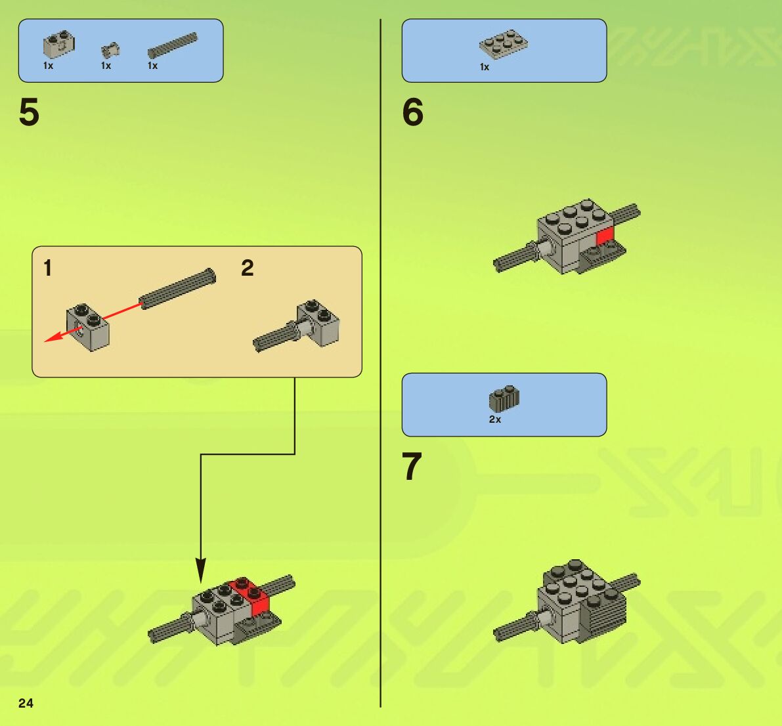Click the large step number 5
(29, 112)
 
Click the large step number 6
(412, 112)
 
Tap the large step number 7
(412, 467)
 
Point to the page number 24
(26, 703)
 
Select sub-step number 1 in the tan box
(48, 268)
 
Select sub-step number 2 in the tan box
(248, 268)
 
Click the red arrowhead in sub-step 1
(53, 337)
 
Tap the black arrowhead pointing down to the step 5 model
(200, 570)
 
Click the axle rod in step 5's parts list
(173, 45)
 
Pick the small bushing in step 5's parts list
(110, 49)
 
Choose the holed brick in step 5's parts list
(59, 45)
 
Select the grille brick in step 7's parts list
(504, 398)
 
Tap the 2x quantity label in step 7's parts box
(494, 419)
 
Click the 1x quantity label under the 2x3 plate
(485, 67)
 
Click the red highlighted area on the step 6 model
(605, 236)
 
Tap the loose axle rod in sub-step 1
(177, 289)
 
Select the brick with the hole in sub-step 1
(88, 328)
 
